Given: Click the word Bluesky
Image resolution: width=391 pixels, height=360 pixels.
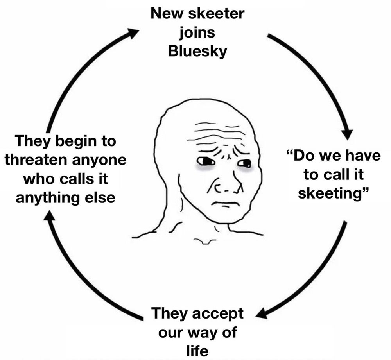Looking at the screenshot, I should click(x=197, y=52).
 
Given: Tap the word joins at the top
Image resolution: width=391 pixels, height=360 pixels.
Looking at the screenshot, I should click(x=197, y=33).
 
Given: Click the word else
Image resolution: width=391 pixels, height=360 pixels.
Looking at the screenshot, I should click(x=100, y=197).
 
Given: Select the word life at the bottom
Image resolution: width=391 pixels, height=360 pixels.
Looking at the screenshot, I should click(x=197, y=349).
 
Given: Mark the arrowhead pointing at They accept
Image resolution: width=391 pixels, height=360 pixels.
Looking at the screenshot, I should click(x=261, y=313).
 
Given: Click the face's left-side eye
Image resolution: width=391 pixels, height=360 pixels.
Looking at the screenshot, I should click(x=205, y=161).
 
